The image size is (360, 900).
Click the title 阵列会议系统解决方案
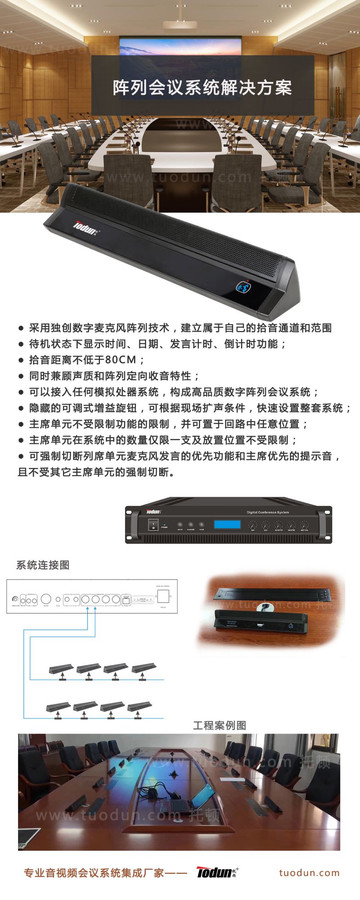click(x=202, y=88)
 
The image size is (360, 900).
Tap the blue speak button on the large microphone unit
click(x=244, y=286)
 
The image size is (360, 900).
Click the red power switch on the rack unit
click(x=153, y=525)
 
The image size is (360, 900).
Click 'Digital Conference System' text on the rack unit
click(x=268, y=513)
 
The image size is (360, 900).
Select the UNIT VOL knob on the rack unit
click(x=305, y=525)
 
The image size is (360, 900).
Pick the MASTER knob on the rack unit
click(x=292, y=525)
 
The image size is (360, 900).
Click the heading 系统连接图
click(x=43, y=565)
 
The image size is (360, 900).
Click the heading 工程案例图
click(x=220, y=725)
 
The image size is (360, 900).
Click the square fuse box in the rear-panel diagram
click(x=162, y=597)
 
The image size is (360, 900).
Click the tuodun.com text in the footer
click(x=309, y=873)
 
